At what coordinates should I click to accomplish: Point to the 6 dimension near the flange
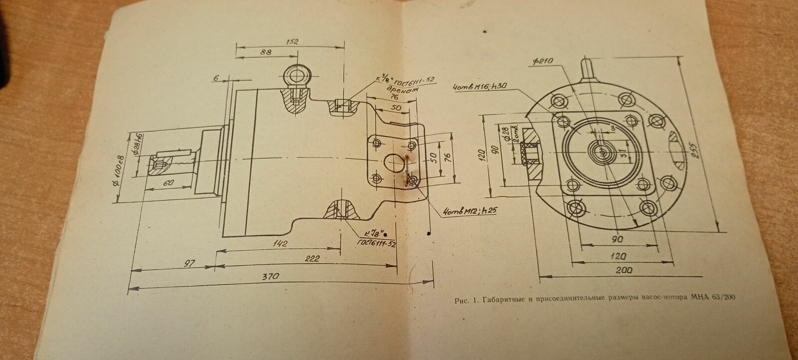tap(215, 78)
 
